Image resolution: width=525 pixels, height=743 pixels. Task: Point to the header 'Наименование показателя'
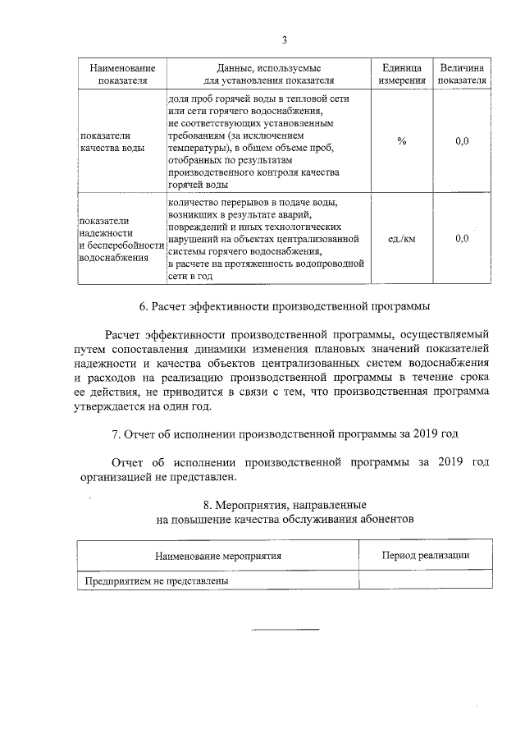pyautogui.click(x=121, y=74)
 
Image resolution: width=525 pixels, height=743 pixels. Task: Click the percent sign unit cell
pyautogui.click(x=401, y=141)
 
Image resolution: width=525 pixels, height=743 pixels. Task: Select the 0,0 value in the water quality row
pyautogui.click(x=462, y=141)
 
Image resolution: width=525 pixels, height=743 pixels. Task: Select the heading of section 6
pyautogui.click(x=284, y=308)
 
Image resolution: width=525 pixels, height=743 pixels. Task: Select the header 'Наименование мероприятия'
pyautogui.click(x=217, y=556)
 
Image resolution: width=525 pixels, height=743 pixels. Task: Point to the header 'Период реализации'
pyautogui.click(x=426, y=556)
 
